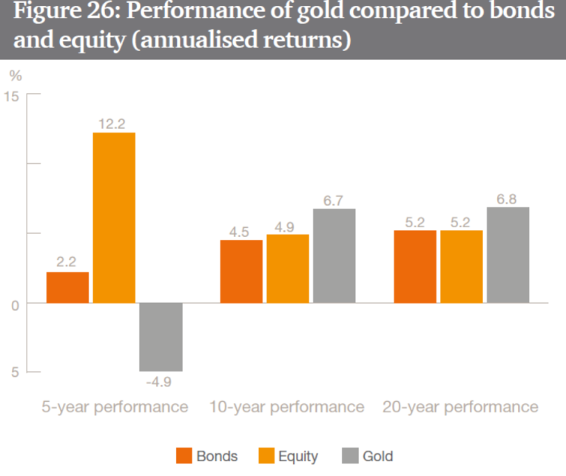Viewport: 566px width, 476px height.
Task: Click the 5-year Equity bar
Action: pos(114,218)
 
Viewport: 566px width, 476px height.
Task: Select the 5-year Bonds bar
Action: pos(67,287)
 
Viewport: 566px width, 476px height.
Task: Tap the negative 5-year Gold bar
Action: pos(161,337)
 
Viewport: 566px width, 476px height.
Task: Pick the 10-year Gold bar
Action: pos(334,255)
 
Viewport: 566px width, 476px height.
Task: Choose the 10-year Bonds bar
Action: pos(241,271)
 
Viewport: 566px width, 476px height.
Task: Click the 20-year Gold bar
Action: pos(508,255)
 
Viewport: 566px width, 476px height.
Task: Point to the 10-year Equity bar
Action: pos(288,268)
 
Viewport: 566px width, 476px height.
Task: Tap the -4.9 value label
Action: pos(160,382)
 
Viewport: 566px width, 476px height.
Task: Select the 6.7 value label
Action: pos(334,199)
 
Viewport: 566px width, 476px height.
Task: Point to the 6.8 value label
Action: pos(508,198)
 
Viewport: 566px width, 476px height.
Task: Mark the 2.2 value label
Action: pos(67,262)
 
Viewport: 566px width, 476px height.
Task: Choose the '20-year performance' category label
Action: pos(460,407)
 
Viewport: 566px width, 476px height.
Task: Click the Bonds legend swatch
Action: pos(184,456)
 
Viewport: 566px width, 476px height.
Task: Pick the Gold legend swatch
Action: pos(351,456)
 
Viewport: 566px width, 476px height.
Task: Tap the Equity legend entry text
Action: pos(297,456)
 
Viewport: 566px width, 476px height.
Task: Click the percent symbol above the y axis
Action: pos(14,75)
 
